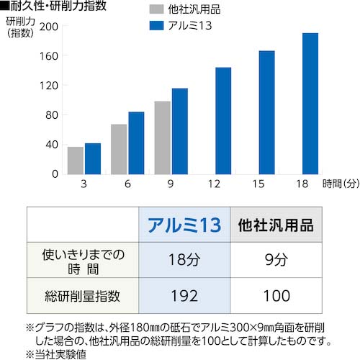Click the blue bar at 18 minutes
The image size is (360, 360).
tap(310, 104)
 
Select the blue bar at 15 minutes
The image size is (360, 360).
tap(266, 112)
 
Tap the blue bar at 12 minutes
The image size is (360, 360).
tap(223, 121)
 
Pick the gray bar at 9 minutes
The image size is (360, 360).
tap(163, 138)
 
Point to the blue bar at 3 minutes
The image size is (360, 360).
tap(92, 158)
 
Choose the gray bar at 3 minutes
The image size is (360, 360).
tap(75, 160)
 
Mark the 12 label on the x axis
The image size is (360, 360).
tap(215, 184)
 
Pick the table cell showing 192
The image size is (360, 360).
tap(185, 295)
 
